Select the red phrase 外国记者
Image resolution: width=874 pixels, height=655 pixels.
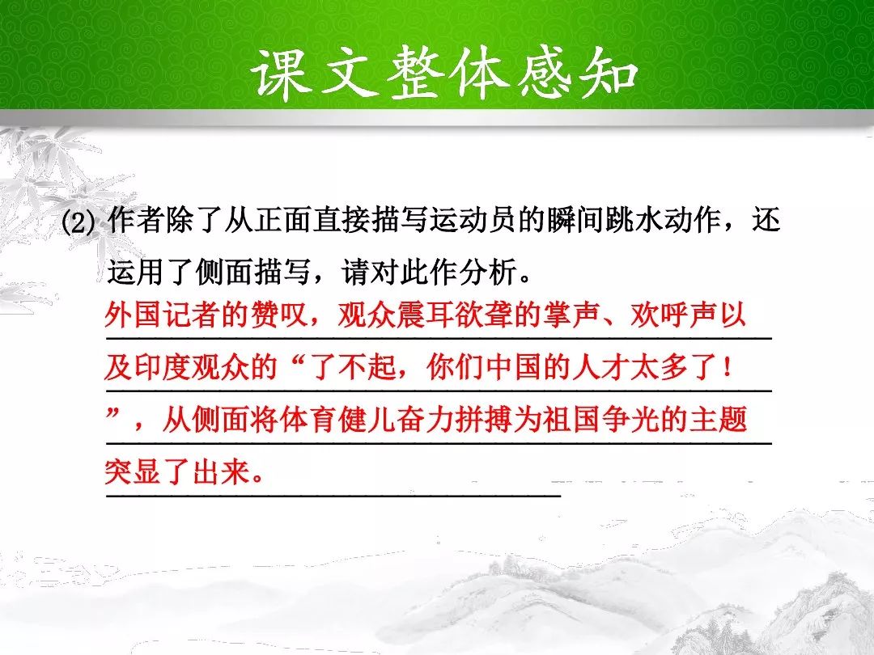(163, 315)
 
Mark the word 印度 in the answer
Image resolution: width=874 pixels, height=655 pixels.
(163, 367)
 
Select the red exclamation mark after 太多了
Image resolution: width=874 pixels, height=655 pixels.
(725, 367)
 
